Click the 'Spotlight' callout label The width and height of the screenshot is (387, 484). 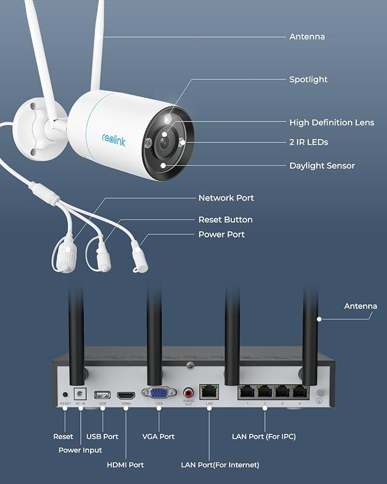308,80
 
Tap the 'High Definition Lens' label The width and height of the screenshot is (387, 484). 332,123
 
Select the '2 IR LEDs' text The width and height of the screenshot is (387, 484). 308,142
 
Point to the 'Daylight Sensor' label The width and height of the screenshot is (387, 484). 322,166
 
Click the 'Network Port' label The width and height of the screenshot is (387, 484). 226,198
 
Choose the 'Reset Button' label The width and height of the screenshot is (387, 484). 225,219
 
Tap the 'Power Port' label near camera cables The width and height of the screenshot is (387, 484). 221,234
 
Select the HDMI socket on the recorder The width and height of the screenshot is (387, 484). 126,394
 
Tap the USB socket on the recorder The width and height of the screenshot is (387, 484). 103,394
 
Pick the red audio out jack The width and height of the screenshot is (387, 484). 189,392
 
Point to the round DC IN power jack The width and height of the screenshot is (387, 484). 80,393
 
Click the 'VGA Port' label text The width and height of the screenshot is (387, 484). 158,437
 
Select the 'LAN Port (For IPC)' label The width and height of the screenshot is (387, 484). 264,437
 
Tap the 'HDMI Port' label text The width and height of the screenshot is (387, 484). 125,465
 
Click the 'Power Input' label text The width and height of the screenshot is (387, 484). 80,450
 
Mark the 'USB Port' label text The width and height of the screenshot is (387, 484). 103,437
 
